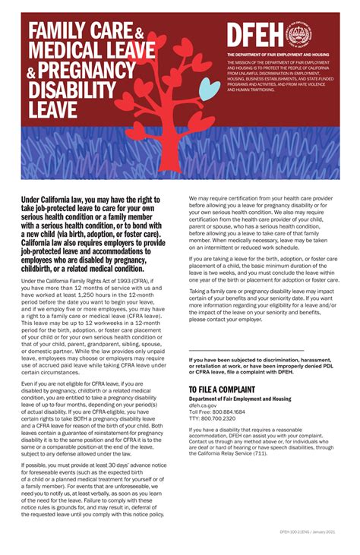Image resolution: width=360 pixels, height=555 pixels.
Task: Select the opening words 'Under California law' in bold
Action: (x=53, y=200)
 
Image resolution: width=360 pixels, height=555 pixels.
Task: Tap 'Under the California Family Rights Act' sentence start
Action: (x=68, y=281)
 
